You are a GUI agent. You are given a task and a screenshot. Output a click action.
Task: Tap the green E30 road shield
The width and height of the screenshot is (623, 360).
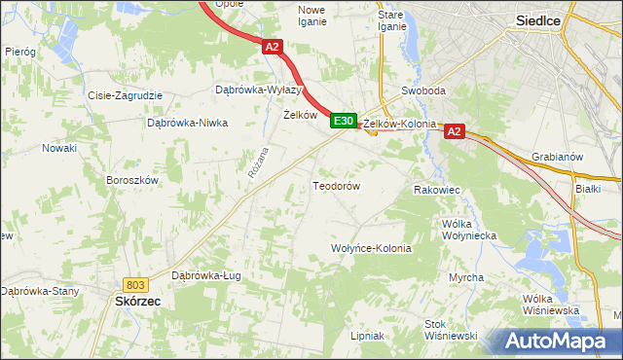[342, 121]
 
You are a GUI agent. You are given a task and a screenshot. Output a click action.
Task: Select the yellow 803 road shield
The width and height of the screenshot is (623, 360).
[135, 284]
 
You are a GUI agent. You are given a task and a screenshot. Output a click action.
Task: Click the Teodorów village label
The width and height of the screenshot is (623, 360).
[337, 185]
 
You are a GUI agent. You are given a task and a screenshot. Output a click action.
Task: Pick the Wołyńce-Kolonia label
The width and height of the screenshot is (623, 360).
[371, 248]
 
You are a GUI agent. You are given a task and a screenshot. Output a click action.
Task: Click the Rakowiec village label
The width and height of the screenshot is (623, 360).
[437, 190]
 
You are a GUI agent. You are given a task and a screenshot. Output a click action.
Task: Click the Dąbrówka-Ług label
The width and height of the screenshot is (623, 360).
[205, 275]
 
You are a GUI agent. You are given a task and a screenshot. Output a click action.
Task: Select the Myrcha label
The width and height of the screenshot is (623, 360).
[466, 278]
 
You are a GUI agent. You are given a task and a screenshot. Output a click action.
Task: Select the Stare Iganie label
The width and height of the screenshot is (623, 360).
[391, 20]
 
